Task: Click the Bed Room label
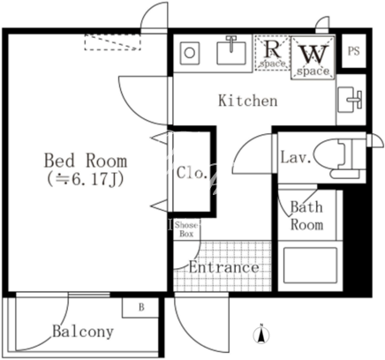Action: tap(86, 161)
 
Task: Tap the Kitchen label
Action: tap(248, 101)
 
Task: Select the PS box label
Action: tap(353, 51)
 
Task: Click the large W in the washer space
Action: tap(313, 55)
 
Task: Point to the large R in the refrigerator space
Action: tap(271, 49)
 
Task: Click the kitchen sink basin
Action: tap(231, 53)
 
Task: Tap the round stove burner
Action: tap(189, 53)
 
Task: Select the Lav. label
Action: tap(296, 157)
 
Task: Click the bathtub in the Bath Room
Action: tap(310, 266)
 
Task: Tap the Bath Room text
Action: tap(306, 215)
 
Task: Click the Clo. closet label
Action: tap(191, 173)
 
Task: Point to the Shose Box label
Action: tap(186, 229)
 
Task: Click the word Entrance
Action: tap(223, 267)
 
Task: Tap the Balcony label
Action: tap(83, 332)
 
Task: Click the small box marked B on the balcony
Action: tap(140, 308)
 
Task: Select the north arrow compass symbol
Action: tap(261, 334)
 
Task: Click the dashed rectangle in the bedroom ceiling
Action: tap(113, 42)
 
